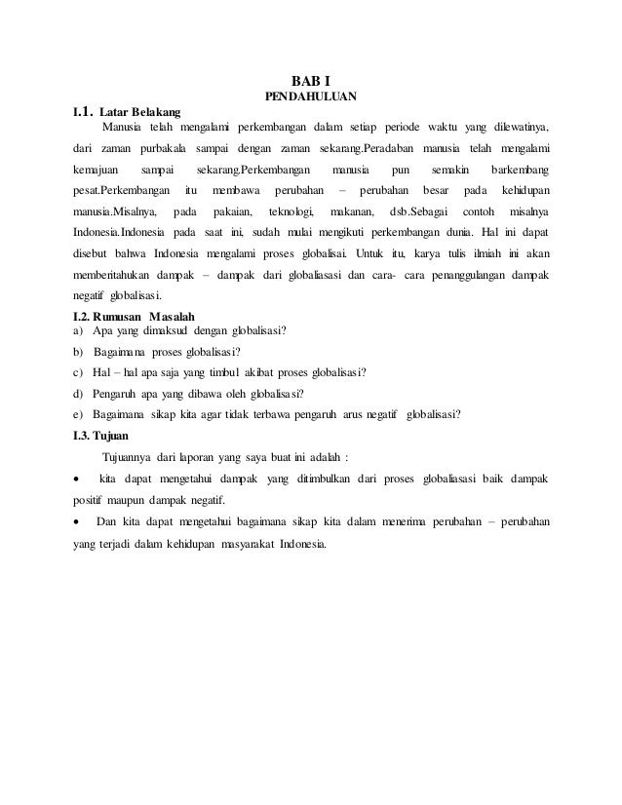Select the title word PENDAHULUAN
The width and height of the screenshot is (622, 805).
[311, 96]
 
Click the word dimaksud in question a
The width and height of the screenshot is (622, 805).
[175, 330]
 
